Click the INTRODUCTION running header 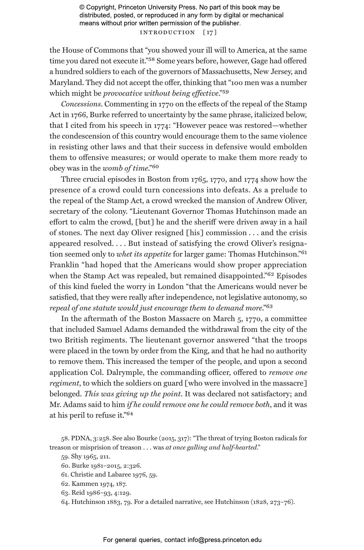coord(167,32)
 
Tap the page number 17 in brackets coord(210,32)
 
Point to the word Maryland coord(64,82)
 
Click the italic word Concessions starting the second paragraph coord(81,104)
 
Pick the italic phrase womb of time coord(125,168)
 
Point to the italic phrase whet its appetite coord(144,254)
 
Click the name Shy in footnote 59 coord(76,456)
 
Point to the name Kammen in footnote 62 coord(83,484)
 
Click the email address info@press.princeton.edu coord(224,540)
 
